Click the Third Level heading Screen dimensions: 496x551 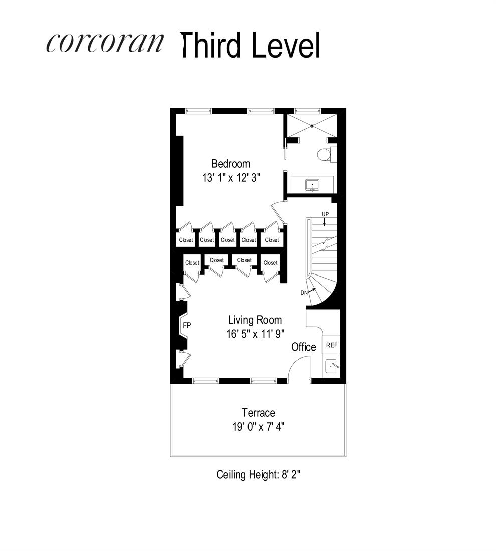pos(250,45)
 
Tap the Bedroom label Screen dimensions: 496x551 pos(230,164)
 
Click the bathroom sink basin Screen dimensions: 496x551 pos(312,185)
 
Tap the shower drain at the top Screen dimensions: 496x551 pos(312,126)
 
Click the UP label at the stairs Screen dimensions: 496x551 pos(325,214)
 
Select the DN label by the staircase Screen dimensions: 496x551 pos(304,293)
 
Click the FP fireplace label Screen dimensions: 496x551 pos(187,325)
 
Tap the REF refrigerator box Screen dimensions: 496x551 pos(331,345)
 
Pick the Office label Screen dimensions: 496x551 pos(304,347)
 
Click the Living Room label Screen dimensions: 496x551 pos(255,320)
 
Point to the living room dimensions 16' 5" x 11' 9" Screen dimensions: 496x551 pos(255,334)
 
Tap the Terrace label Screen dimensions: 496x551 pos(259,413)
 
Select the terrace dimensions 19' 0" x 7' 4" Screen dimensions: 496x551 pos(259,427)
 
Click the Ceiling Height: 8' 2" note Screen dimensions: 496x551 pos(259,474)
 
